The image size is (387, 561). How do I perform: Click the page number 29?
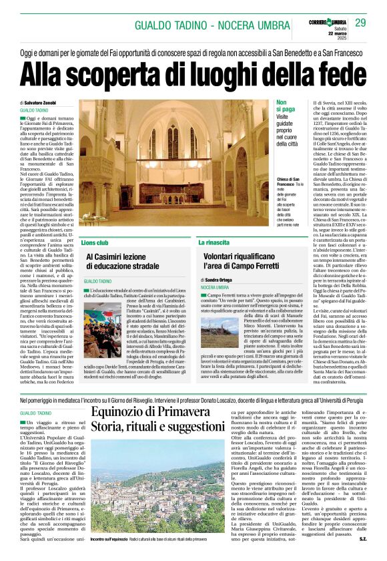[x=360, y=23]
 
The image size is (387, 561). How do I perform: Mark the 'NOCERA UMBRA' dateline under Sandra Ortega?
[x=215, y=287]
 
